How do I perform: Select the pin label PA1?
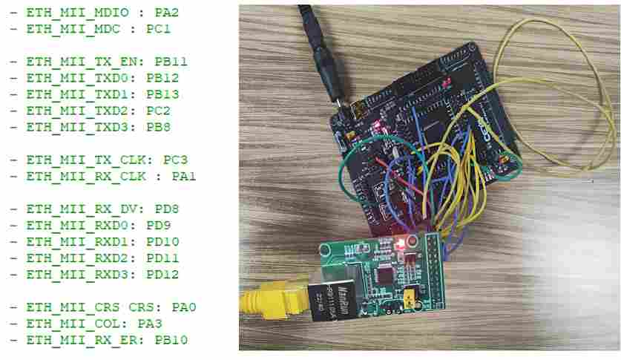pos(183,176)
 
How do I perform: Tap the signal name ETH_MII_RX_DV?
pos(74,209)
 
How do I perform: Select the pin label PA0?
pos(183,307)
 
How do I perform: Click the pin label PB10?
pos(171,340)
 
